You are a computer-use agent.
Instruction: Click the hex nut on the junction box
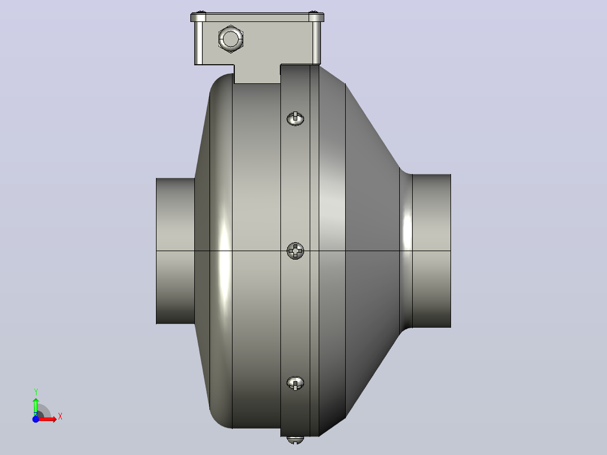[x=231, y=39]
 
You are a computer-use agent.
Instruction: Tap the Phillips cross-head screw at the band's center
[x=296, y=251]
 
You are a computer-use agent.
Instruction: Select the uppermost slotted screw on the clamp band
[x=296, y=118]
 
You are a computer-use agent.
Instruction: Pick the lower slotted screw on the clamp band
[x=296, y=383]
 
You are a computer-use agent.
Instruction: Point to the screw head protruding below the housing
[x=296, y=439]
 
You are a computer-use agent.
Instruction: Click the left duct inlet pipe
[x=175, y=251]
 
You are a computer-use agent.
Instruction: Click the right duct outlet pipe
[x=432, y=251]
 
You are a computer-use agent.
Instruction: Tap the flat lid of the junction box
[x=257, y=17]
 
